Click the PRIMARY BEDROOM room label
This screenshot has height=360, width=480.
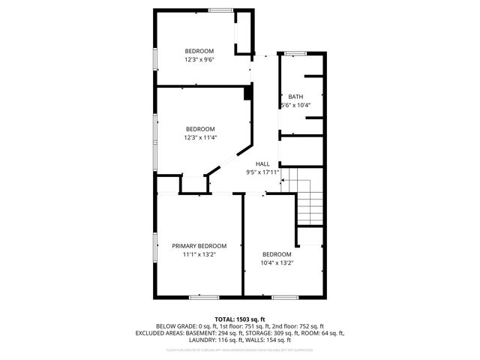[x=199, y=246]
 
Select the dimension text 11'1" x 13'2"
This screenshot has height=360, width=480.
[x=199, y=255]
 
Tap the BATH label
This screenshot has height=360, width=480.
[x=295, y=97]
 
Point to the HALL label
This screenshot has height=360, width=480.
[x=262, y=163]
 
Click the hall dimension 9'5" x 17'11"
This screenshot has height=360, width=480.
[x=262, y=172]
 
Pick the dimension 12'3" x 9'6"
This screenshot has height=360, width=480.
[x=200, y=59]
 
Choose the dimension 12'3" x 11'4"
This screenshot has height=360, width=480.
[x=200, y=137]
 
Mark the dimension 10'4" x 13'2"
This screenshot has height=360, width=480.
[x=277, y=263]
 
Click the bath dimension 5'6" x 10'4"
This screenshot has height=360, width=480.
[x=295, y=106]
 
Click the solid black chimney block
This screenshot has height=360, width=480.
[x=247, y=92]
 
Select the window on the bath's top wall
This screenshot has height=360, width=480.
[x=295, y=52]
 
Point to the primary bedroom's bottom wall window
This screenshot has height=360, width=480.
[x=204, y=297]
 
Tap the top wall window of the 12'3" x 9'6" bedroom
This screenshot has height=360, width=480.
[x=220, y=10]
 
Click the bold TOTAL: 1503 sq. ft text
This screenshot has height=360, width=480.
[x=240, y=319]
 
